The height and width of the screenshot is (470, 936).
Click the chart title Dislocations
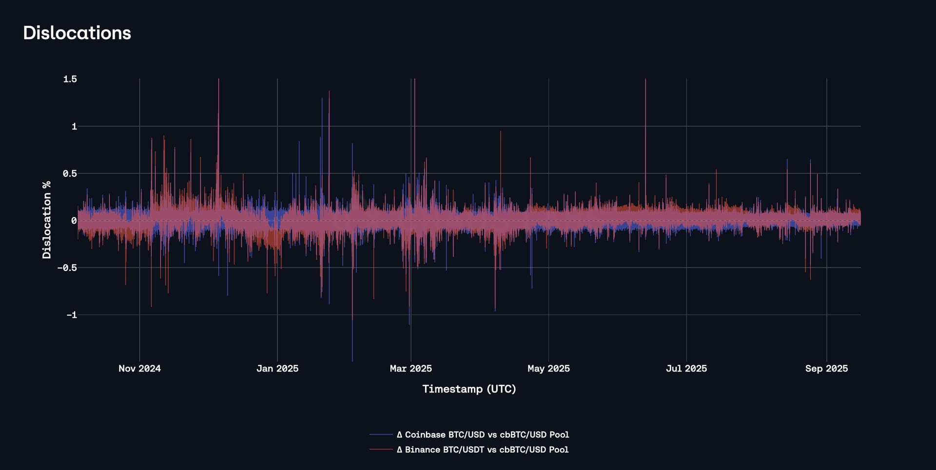(x=77, y=33)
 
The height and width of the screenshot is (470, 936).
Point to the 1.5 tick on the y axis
(x=70, y=79)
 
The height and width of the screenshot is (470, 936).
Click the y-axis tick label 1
(x=74, y=126)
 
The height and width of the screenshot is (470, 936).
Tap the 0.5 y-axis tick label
(x=70, y=174)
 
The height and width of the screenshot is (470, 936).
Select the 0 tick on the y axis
(x=74, y=221)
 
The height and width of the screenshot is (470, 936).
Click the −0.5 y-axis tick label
(x=67, y=268)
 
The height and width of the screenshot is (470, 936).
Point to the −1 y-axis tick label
(x=72, y=315)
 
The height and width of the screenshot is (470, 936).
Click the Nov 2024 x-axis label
(x=139, y=368)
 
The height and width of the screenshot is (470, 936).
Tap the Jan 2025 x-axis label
(x=277, y=368)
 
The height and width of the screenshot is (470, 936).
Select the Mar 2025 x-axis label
(x=410, y=368)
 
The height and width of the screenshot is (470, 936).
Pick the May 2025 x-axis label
(x=548, y=368)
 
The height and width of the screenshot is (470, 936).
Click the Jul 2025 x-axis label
(x=686, y=368)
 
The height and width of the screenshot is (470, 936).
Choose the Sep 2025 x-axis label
(x=826, y=368)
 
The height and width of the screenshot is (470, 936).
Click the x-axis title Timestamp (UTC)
(x=469, y=389)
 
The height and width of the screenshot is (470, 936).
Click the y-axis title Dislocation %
(x=47, y=220)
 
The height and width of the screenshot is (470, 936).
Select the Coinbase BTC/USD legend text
(x=483, y=434)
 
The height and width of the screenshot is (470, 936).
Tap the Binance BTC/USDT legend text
(x=483, y=450)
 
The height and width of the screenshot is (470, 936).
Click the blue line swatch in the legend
(x=381, y=434)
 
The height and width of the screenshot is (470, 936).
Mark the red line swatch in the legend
(x=381, y=450)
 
